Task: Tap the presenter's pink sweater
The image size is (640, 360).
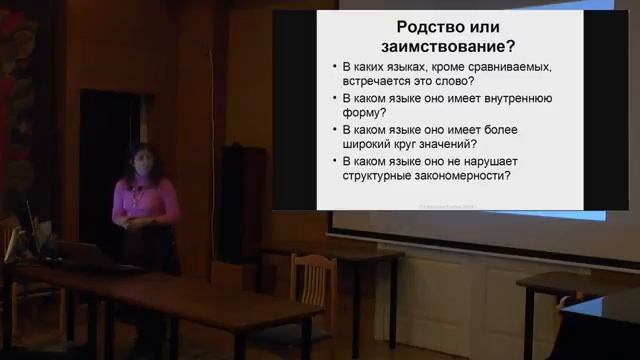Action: pos(145,200)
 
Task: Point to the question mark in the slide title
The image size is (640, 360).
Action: pos(513,46)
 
